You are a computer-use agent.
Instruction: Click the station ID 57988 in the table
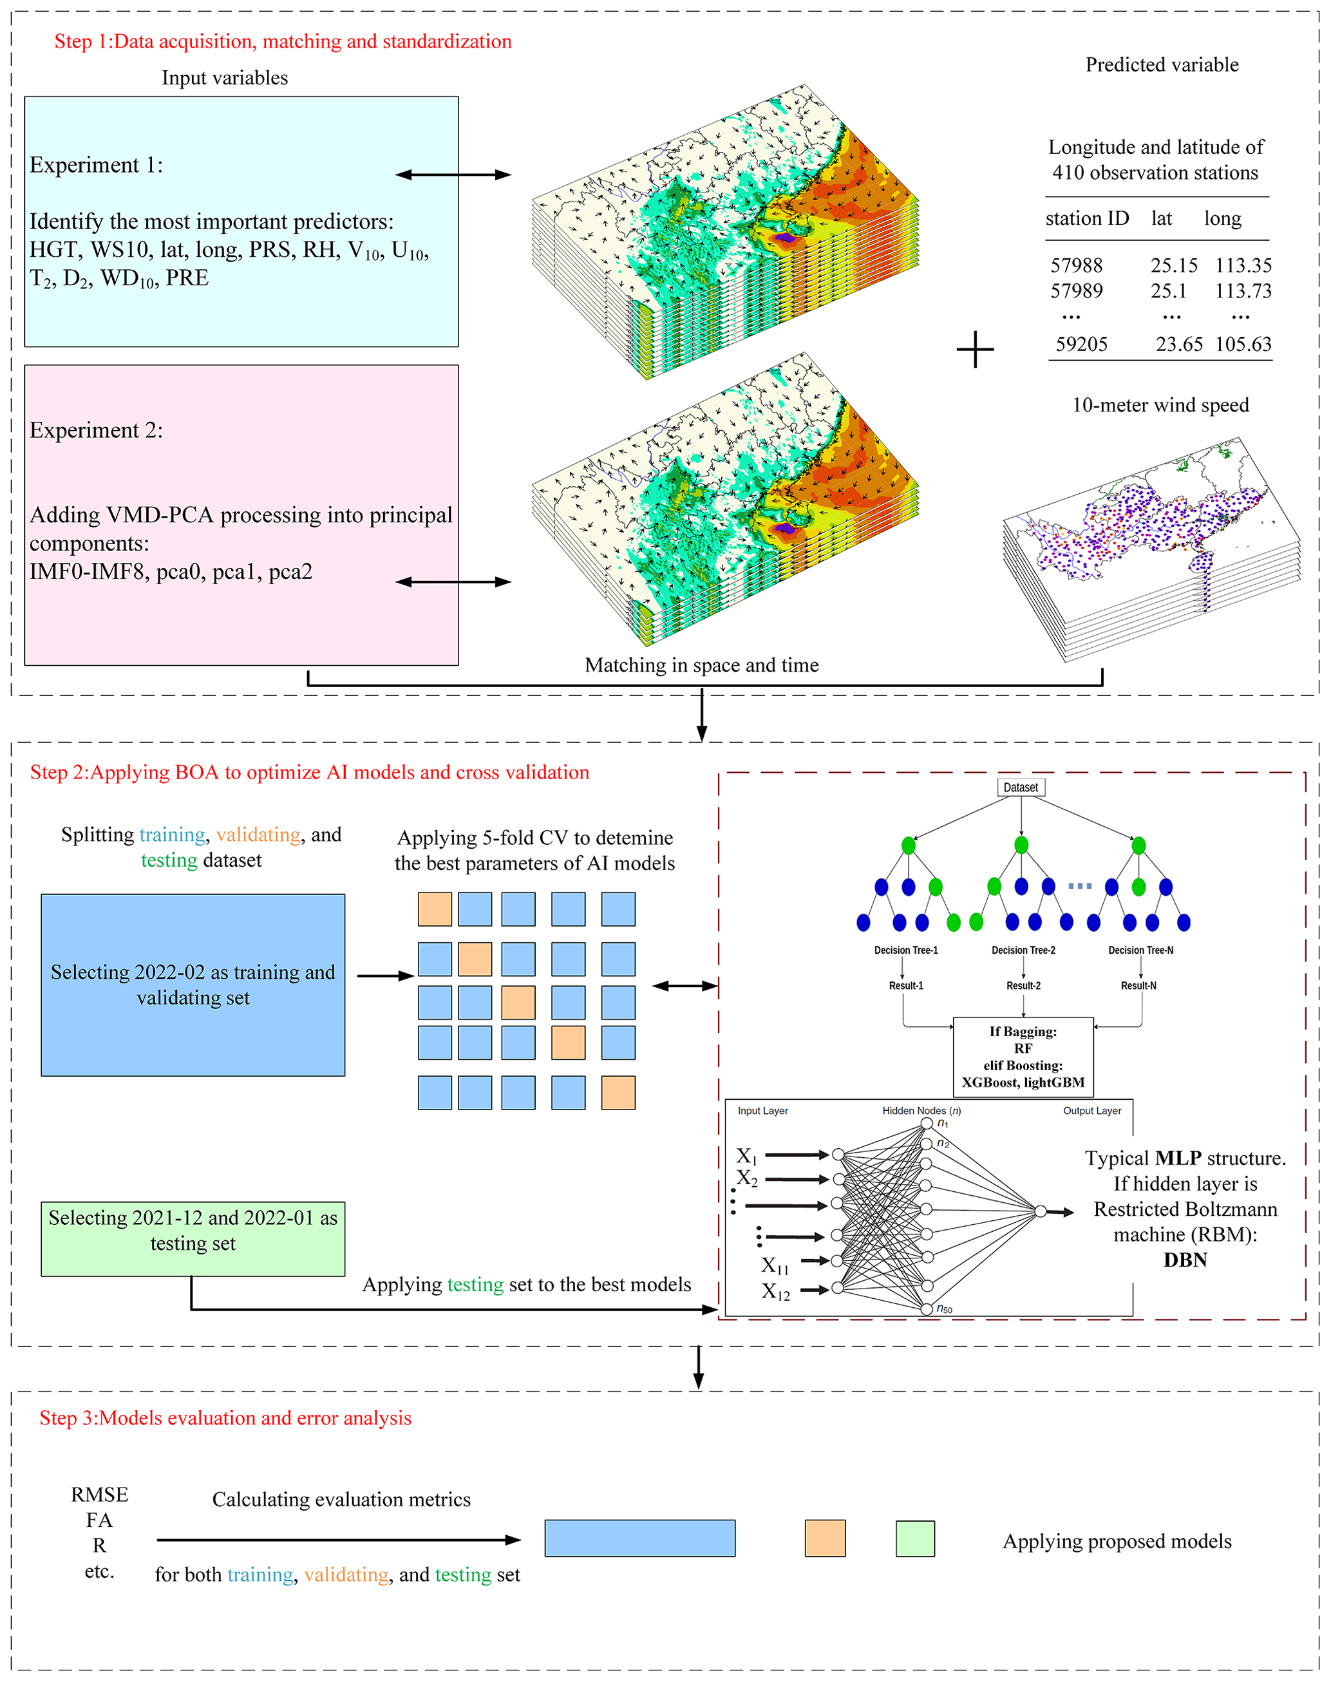click(1076, 265)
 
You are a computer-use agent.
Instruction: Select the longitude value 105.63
click(1243, 344)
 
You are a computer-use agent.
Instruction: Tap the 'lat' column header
click(1161, 218)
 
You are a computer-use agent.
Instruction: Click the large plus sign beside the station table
click(975, 349)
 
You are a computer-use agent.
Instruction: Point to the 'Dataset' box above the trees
click(1021, 787)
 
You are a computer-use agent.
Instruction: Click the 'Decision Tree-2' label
click(1023, 950)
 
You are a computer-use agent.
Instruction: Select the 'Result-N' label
click(1138, 986)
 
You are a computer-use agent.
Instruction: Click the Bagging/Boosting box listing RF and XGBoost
click(1023, 1056)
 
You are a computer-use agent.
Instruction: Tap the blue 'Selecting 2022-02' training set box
click(193, 985)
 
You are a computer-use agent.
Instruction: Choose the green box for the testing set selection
click(193, 1238)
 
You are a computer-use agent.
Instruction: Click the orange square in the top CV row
click(435, 909)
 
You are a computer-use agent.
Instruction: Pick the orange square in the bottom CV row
click(619, 1093)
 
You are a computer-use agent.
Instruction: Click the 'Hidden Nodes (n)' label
click(921, 1111)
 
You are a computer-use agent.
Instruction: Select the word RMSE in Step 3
click(100, 1494)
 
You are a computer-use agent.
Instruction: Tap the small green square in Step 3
click(916, 1538)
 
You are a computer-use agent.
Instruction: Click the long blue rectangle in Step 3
click(640, 1538)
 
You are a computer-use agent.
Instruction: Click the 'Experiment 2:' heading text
click(97, 430)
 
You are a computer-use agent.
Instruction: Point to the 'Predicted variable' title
click(1162, 64)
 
